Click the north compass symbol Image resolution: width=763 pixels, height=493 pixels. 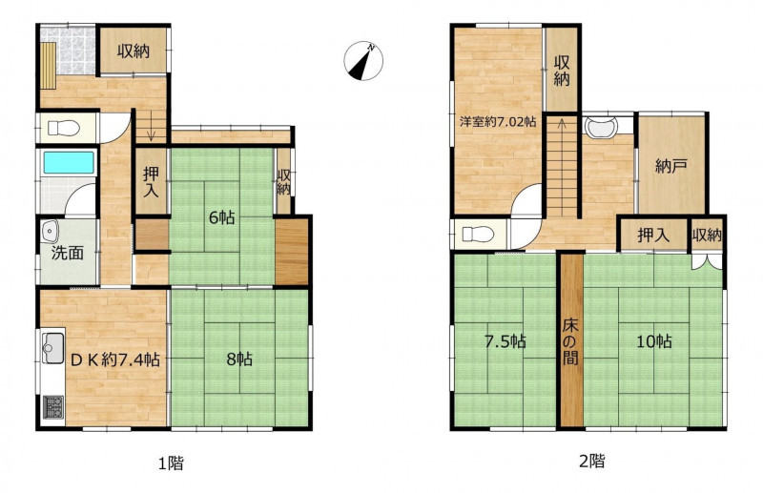363,61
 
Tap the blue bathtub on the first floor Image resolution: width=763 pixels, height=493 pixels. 69,162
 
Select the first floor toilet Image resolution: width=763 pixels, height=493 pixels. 64,129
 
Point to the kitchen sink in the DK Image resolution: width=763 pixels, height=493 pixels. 53,347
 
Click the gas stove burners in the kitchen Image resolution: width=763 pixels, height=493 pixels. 53,407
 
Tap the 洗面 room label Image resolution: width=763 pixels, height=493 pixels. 68,253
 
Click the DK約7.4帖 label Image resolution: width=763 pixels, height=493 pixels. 115,359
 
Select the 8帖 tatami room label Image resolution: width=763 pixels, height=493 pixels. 239,359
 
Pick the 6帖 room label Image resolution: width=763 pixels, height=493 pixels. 222,217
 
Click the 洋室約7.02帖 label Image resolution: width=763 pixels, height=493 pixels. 498,121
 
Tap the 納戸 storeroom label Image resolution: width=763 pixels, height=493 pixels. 671,167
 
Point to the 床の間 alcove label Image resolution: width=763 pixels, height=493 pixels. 570,341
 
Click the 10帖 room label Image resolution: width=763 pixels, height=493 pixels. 654,341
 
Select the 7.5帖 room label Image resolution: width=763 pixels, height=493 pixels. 505,341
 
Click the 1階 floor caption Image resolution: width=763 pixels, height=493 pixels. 172,462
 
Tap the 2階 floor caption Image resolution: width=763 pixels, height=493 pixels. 591,461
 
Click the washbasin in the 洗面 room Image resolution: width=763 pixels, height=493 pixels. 51,230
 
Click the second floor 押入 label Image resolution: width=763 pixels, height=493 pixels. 653,236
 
